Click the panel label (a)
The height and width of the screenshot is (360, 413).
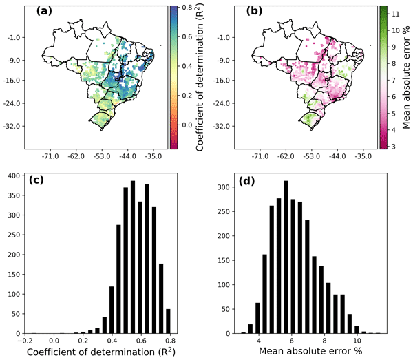tap(36, 12)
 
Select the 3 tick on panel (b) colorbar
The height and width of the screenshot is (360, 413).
tap(386, 145)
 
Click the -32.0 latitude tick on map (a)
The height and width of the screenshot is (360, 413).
tap(13, 127)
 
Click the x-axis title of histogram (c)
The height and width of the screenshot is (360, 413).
tap(95, 353)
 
